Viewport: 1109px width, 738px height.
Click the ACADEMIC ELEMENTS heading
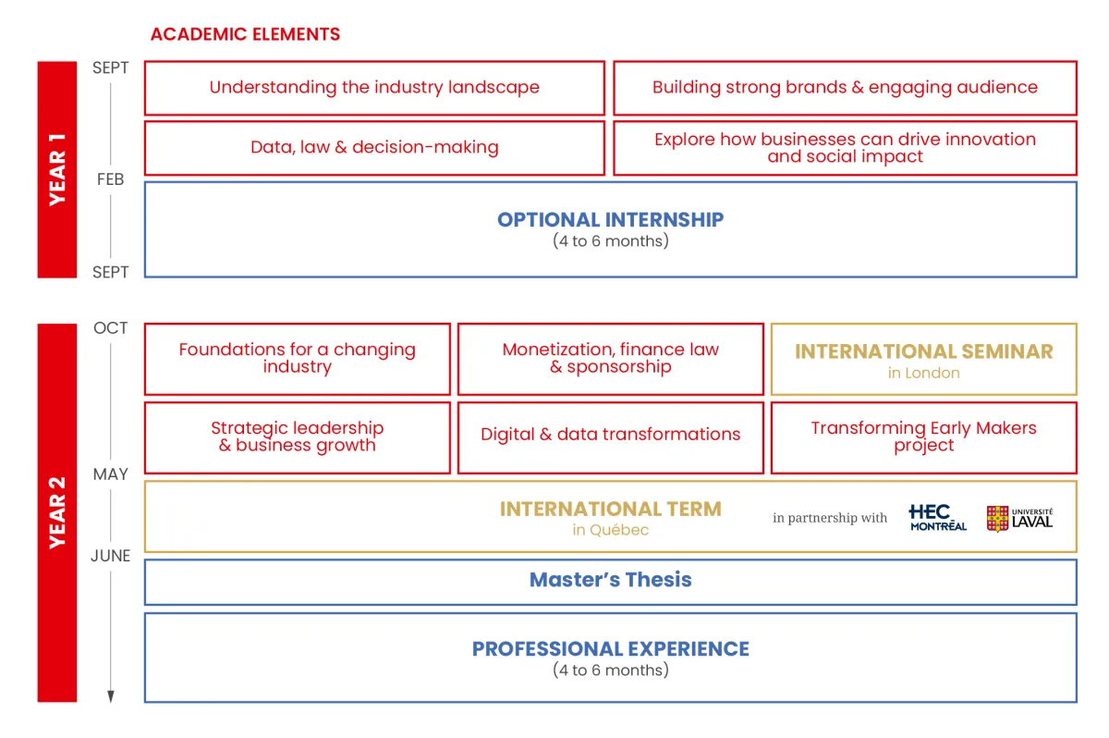[x=245, y=35]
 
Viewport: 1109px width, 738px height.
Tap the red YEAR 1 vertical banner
[x=56, y=169]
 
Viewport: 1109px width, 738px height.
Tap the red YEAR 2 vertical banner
[x=56, y=512]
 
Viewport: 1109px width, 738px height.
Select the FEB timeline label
[x=110, y=179]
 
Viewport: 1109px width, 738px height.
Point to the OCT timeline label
[x=110, y=328]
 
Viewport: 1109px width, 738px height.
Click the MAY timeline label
[x=110, y=474]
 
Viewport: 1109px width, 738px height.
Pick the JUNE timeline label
[x=110, y=556]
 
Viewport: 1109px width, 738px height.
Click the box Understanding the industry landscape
[x=374, y=88]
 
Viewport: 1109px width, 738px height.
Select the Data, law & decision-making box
[x=374, y=148]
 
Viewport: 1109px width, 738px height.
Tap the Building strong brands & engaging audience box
[x=845, y=88]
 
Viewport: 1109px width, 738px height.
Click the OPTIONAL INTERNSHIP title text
[x=610, y=220]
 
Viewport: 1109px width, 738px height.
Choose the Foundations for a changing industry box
[x=297, y=359]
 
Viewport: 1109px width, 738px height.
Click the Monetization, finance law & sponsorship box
[x=610, y=359]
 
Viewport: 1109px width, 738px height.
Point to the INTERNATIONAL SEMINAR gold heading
[x=923, y=351]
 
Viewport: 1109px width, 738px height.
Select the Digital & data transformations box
[x=610, y=435]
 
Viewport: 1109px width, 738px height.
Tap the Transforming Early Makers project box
[x=923, y=437]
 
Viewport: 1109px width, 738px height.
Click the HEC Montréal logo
[x=937, y=518]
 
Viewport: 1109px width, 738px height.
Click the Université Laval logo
[x=1019, y=518]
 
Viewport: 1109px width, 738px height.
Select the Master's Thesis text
[x=610, y=580]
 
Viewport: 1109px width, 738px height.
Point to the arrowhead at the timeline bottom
[x=110, y=696]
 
